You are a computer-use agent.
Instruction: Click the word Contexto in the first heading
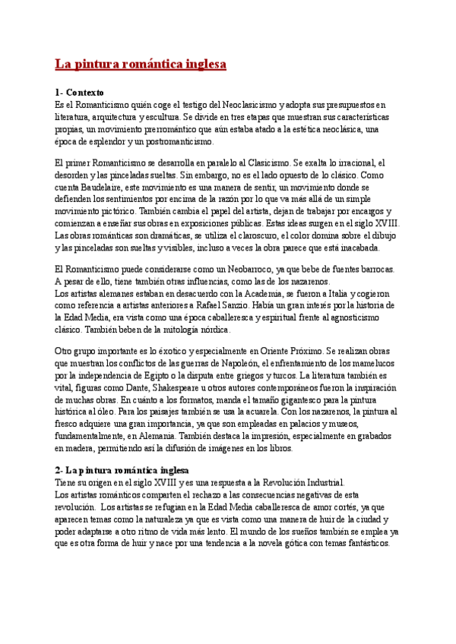pyautogui.click(x=84, y=92)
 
